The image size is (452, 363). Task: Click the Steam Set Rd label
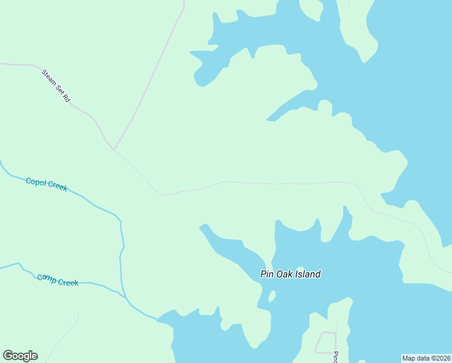56,85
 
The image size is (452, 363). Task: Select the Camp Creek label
57,280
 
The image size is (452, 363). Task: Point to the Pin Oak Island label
290,274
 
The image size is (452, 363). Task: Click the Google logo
20,356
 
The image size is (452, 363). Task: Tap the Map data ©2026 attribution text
426,358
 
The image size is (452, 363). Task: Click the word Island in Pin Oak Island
308,274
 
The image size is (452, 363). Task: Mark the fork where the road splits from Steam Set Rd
113,149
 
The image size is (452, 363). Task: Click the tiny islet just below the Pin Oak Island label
272,296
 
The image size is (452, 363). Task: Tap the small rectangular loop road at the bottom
326,342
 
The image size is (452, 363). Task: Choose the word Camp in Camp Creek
47,278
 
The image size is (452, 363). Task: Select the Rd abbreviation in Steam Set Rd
65,97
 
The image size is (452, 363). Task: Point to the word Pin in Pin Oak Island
267,274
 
